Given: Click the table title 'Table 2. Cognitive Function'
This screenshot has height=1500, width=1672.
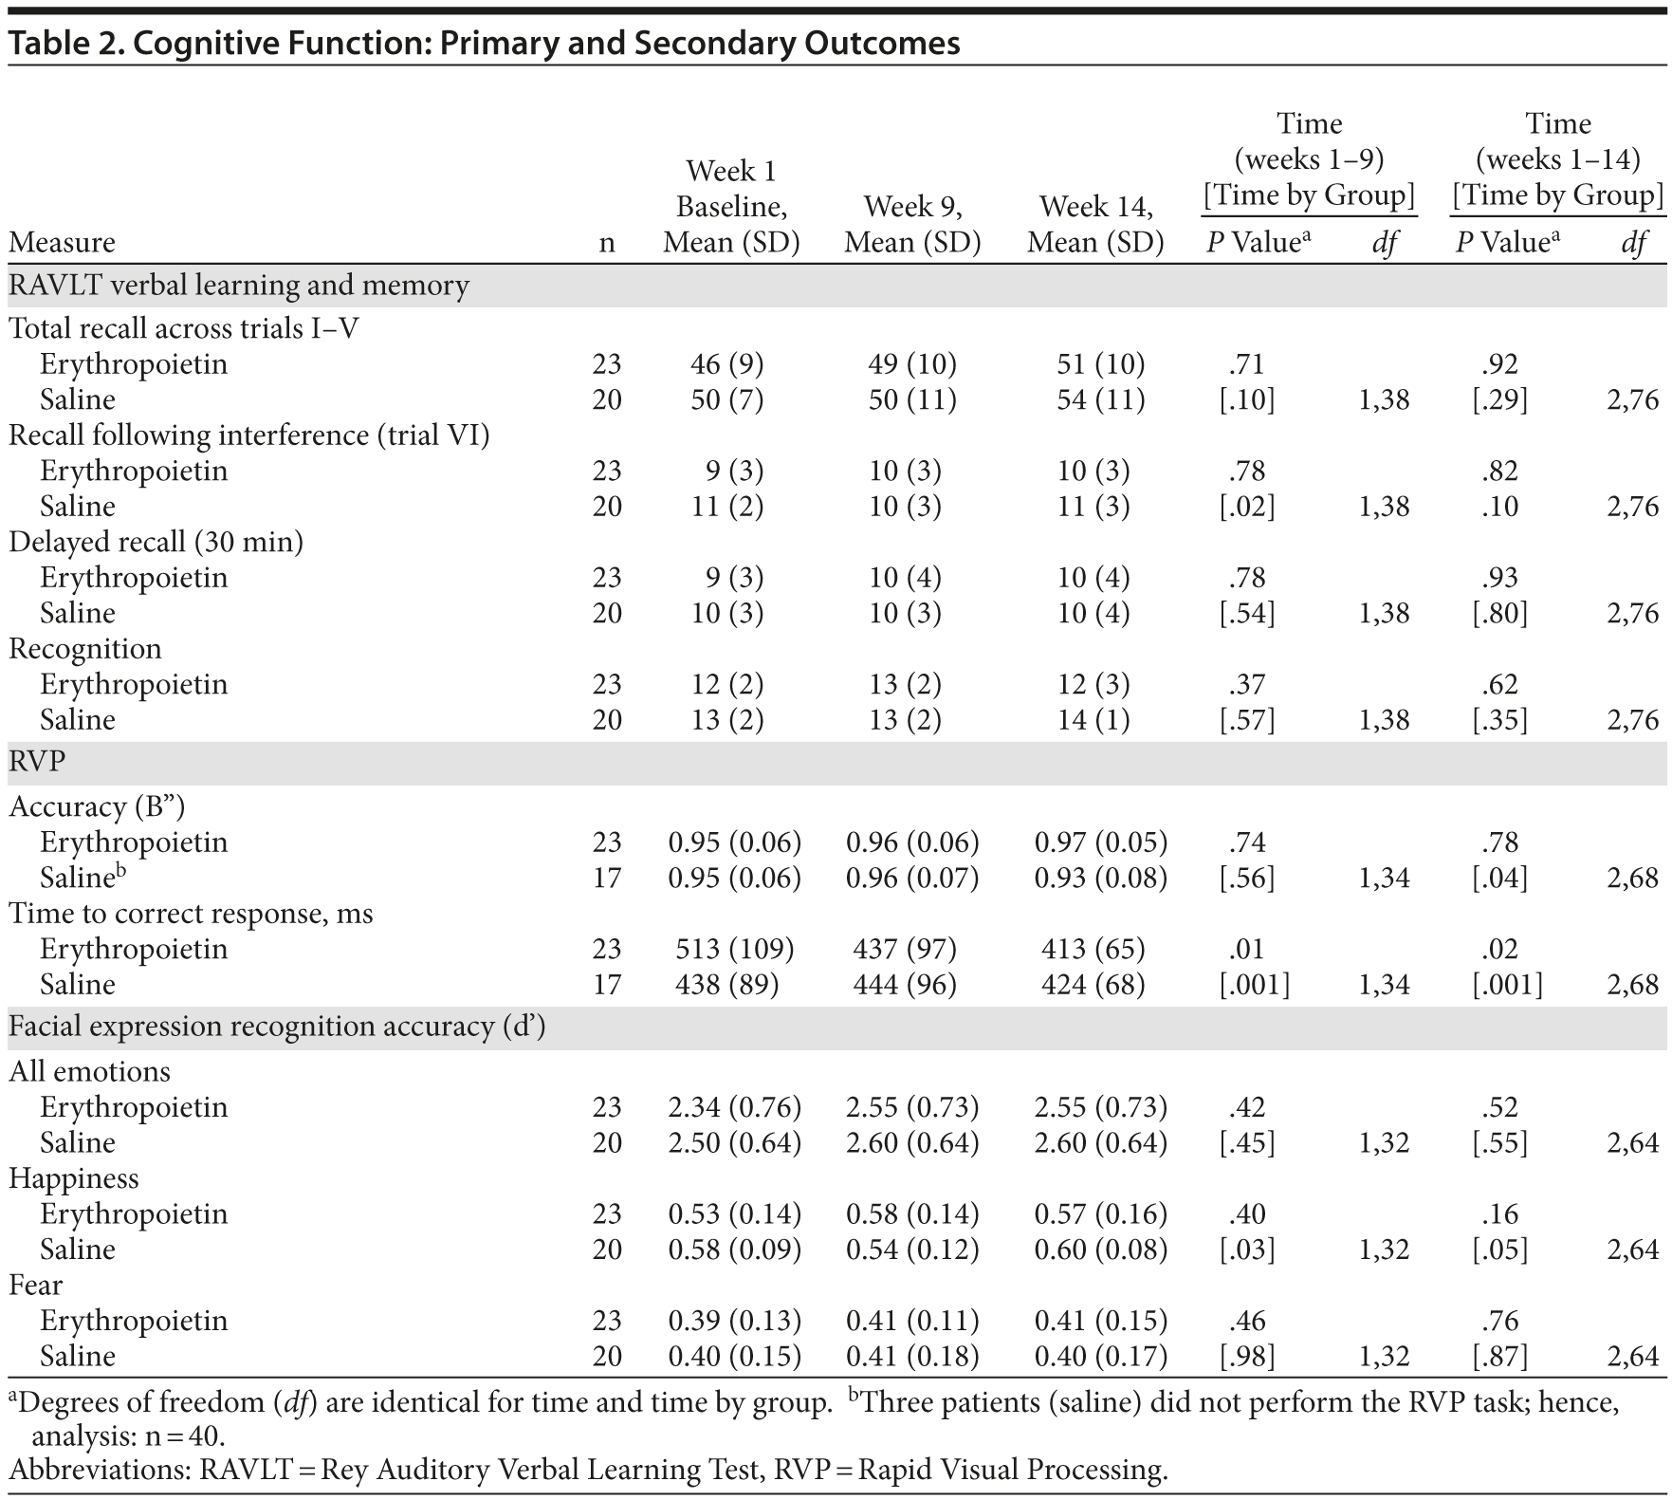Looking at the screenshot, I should (484, 44).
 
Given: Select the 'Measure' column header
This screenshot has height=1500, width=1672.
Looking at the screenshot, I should (62, 243).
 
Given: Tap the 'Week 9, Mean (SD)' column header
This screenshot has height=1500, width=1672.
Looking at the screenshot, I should (912, 225).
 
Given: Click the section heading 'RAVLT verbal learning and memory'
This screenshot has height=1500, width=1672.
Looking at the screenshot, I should (239, 286).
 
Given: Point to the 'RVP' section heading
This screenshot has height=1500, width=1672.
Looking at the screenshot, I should (38, 763).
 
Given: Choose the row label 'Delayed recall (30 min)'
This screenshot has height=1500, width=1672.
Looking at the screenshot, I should (156, 542).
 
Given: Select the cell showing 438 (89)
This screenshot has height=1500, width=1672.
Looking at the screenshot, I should (726, 985).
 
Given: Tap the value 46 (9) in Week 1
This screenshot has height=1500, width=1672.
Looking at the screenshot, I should (726, 364).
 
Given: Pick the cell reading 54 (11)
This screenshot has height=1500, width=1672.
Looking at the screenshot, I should (1100, 399).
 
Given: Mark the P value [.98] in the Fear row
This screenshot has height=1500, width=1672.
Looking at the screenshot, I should (1246, 1357).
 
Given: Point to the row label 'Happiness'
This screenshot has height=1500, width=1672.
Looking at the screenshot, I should (74, 1178).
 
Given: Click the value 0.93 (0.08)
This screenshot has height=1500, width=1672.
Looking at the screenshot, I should (1100, 878).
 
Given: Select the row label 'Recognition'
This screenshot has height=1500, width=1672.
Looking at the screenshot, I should (85, 649).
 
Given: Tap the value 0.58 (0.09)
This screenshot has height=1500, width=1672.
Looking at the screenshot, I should (734, 1250).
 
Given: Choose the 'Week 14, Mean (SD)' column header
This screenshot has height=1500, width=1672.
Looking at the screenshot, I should (1095, 225).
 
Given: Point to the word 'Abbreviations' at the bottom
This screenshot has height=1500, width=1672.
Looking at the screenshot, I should (99, 1470).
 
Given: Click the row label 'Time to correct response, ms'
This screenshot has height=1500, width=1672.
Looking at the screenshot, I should (191, 914).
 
